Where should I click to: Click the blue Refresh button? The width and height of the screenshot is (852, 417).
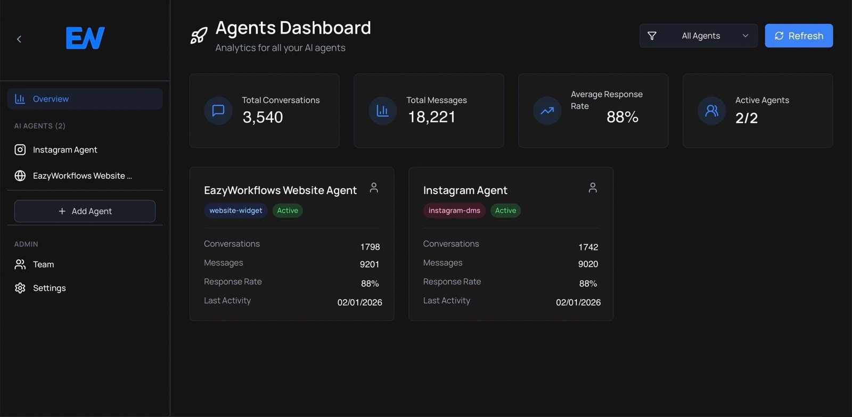pyautogui.click(x=798, y=36)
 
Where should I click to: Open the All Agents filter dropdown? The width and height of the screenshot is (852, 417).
pyautogui.click(x=698, y=36)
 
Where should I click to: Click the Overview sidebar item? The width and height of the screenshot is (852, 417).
pyautogui.click(x=85, y=99)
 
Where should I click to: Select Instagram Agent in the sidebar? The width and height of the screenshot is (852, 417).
pyautogui.click(x=64, y=150)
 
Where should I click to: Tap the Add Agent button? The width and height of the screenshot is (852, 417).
pyautogui.click(x=85, y=211)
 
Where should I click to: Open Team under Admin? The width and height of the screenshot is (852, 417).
pyautogui.click(x=43, y=264)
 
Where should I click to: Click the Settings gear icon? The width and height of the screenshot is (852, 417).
pyautogui.click(x=20, y=288)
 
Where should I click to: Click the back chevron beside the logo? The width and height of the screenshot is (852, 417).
pyautogui.click(x=19, y=39)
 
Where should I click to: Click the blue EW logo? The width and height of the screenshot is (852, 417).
pyautogui.click(x=85, y=38)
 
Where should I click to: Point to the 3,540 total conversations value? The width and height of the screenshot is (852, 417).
pyautogui.click(x=263, y=117)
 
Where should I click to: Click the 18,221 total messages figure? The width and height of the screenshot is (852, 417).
pyautogui.click(x=431, y=117)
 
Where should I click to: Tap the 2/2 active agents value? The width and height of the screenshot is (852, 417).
pyautogui.click(x=746, y=118)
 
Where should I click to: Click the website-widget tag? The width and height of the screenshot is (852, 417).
pyautogui.click(x=235, y=211)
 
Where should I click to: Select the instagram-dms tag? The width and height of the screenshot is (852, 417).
pyautogui.click(x=454, y=211)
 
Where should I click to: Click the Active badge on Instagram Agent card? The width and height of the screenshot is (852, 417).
pyautogui.click(x=505, y=211)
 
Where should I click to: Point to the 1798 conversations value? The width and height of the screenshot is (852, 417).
pyautogui.click(x=370, y=247)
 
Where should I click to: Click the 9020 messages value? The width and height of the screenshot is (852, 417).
pyautogui.click(x=588, y=264)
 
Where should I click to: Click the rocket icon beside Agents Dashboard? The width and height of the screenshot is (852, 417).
pyautogui.click(x=199, y=36)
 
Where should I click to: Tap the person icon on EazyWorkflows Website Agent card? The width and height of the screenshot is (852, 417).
pyautogui.click(x=374, y=188)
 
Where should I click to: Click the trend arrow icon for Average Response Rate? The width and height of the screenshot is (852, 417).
pyautogui.click(x=547, y=111)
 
